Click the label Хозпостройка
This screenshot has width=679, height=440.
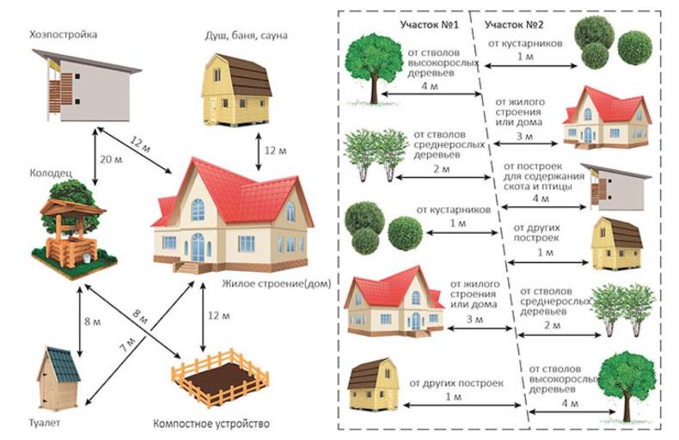click(64, 34)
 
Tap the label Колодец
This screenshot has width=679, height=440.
click(51, 174)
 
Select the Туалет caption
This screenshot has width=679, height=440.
click(45, 423)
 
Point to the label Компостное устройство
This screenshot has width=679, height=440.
click(211, 423)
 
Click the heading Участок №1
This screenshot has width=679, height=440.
click(429, 24)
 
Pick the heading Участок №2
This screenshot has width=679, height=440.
click(514, 24)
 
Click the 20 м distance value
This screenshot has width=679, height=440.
click(111, 159)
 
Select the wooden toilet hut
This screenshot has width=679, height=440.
click(58, 378)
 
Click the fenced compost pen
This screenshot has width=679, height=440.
click(220, 377)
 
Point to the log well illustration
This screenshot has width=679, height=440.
click(72, 229)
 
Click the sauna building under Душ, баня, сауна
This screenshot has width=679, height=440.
click(236, 89)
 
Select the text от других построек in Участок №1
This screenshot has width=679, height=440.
click(456, 383)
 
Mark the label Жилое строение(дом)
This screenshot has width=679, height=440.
click(277, 284)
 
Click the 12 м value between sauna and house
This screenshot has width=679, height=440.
click(275, 150)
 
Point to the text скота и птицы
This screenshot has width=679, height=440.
click(538, 186)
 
